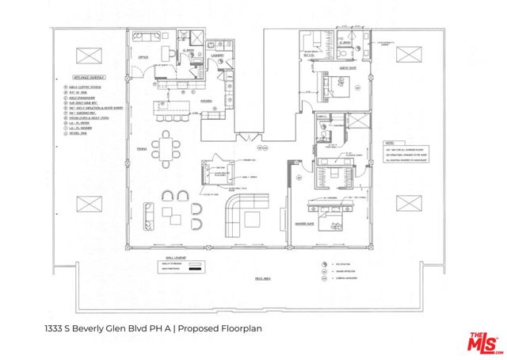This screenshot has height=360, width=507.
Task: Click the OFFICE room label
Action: pyautogui.click(x=144, y=57)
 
